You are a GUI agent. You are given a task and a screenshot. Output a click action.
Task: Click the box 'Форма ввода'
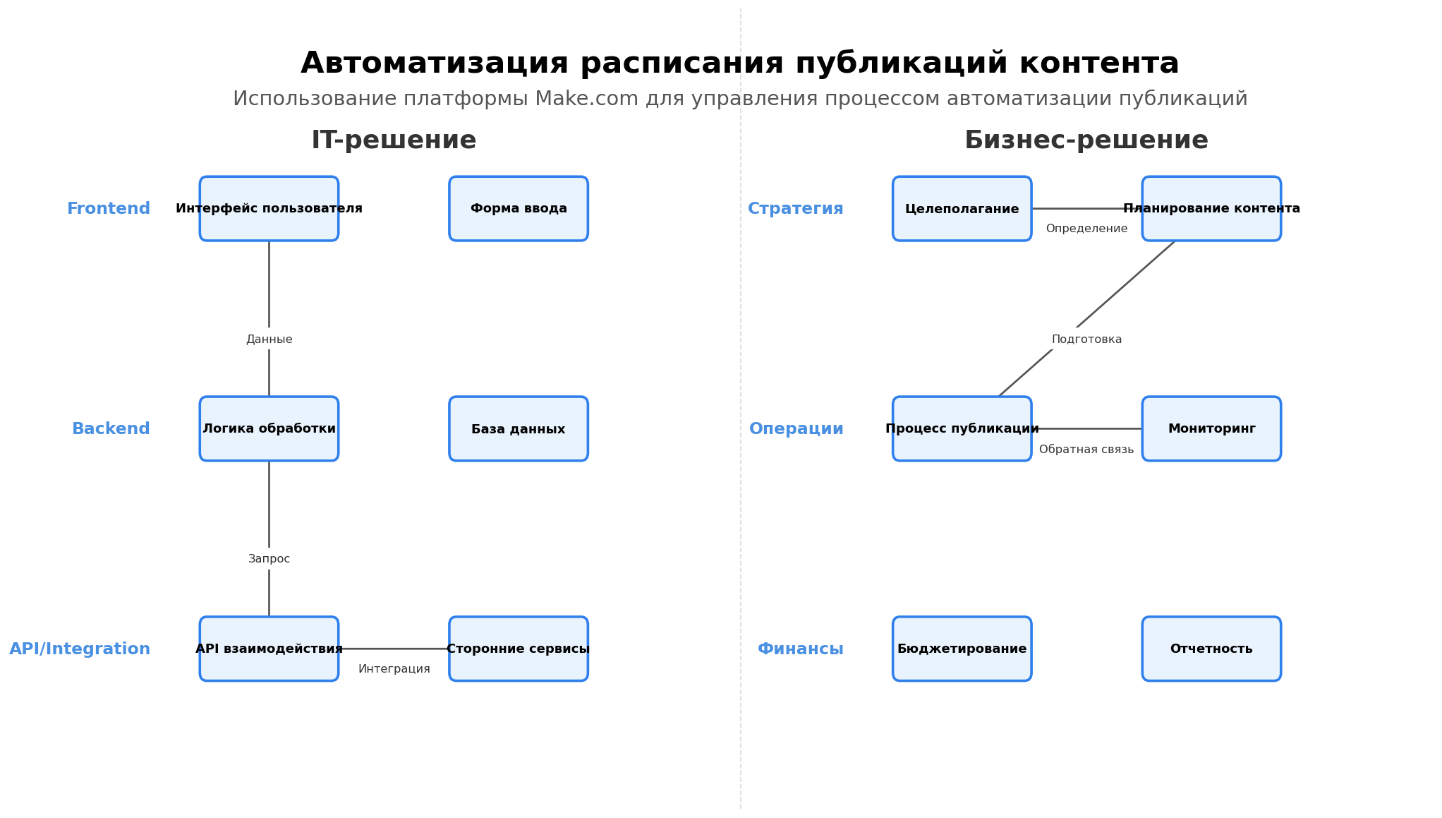point(519,209)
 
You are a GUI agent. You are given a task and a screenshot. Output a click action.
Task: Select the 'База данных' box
point(519,429)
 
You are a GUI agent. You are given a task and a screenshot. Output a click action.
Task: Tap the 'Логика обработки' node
point(269,429)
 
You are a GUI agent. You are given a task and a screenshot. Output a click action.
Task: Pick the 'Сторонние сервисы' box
point(519,649)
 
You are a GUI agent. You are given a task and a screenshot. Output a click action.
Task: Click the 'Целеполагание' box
point(962,209)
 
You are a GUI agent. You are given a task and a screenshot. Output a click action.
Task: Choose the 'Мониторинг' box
point(1211,429)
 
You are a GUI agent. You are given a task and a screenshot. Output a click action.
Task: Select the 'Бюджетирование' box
point(962,649)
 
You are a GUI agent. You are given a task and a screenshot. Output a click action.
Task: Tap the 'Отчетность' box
point(1211,649)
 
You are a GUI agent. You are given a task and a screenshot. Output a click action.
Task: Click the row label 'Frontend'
point(109,209)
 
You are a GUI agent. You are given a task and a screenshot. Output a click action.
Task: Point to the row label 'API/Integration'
point(80,649)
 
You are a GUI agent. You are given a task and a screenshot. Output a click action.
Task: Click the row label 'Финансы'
point(800,649)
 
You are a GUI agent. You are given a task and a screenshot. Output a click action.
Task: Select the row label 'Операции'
point(796,429)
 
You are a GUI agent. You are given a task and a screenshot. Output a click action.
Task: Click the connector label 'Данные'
point(269,339)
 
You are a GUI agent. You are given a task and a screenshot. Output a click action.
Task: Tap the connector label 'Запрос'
point(269,559)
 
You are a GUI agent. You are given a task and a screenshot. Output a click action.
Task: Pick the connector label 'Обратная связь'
point(1086,450)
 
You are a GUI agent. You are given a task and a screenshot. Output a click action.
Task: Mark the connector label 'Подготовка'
point(1086,339)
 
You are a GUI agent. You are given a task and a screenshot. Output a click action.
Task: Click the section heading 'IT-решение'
point(394,140)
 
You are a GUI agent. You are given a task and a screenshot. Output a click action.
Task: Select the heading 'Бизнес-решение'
point(1086,140)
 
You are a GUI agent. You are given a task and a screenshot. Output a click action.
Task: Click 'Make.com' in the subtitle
point(586,99)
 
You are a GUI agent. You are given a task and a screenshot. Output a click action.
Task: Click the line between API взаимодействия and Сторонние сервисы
point(394,649)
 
